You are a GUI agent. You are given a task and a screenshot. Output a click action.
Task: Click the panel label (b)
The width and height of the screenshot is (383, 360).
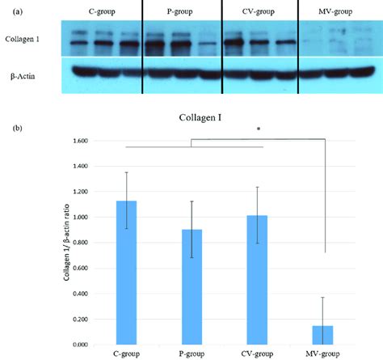(x=12, y=127)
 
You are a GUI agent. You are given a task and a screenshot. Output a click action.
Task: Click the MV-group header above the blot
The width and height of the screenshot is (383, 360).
(x=330, y=11)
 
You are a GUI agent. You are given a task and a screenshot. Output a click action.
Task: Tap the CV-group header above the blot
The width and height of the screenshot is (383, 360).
(x=258, y=11)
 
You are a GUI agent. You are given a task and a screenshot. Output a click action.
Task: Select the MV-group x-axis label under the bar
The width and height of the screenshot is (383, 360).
(x=323, y=354)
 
